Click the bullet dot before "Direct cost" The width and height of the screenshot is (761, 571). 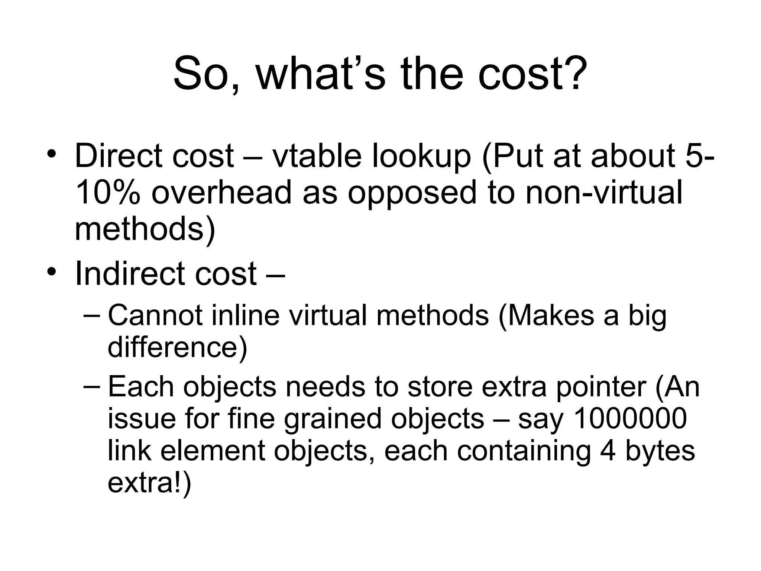coord(52,154)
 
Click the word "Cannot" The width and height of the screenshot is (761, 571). coord(155,315)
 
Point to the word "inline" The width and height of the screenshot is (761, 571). coord(245,315)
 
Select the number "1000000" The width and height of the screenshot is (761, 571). coord(630,419)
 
